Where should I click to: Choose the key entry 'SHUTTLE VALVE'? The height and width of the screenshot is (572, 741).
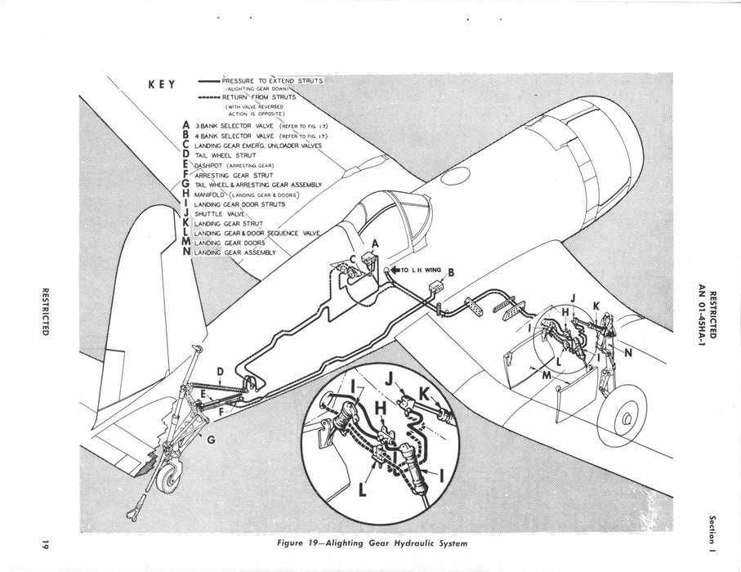point(221,213)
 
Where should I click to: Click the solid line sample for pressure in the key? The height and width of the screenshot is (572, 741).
point(208,82)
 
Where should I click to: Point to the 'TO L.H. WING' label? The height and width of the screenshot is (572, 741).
point(418,269)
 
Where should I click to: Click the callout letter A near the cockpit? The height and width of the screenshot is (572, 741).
point(375,244)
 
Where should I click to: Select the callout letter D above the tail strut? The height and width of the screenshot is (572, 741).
point(220,373)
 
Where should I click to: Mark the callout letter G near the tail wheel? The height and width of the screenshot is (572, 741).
point(212,440)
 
